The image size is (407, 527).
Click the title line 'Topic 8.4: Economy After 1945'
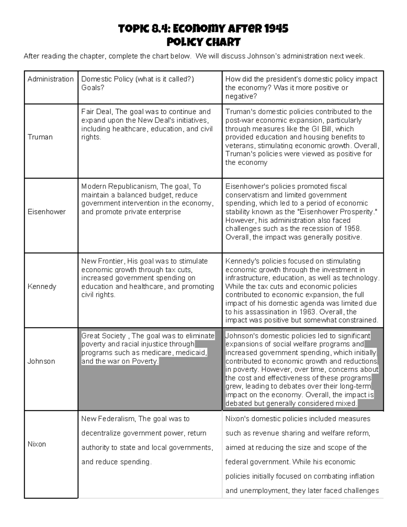pos(203,29)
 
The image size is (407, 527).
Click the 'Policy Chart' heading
pos(203,42)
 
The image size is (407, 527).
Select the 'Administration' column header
pos(51,79)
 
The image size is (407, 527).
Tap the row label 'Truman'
pos(40,137)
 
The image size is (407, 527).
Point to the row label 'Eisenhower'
pos(46,212)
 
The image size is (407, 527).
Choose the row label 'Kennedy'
pos(42,286)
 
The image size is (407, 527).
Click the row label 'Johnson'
pos(41,361)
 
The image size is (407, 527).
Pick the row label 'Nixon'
pos(37,444)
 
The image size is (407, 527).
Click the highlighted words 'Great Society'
pos(103,336)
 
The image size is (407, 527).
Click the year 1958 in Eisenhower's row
pos(353,229)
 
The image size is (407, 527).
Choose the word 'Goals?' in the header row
pos(93,88)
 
